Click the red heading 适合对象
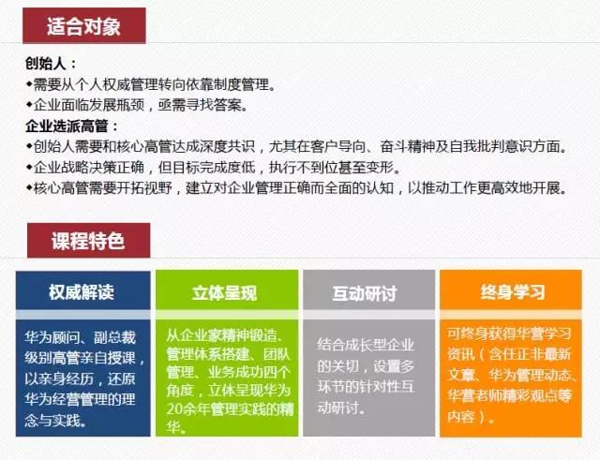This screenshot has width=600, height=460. click(83, 26)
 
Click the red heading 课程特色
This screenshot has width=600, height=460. click(88, 241)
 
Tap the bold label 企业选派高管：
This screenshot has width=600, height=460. click(72, 126)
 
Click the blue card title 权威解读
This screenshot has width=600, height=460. click(82, 291)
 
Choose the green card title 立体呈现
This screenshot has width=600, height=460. click(225, 292)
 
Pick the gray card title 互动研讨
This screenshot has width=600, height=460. click(365, 293)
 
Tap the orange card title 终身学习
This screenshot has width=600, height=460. click(513, 291)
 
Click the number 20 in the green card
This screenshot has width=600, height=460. click(174, 409)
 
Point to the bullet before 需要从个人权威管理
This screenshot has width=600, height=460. click(29, 83)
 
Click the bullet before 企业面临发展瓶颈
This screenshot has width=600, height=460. click(29, 104)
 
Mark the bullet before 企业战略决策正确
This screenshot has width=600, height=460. click(29, 167)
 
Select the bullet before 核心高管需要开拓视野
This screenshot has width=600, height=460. click(29, 187)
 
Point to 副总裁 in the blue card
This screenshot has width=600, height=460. click(114, 337)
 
